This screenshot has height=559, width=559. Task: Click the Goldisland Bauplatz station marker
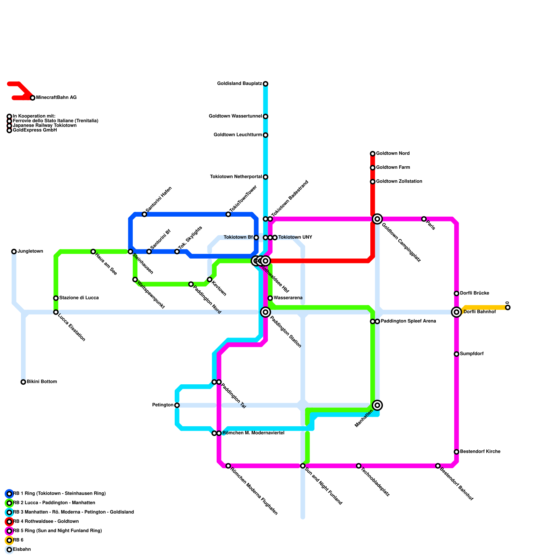tap(266, 84)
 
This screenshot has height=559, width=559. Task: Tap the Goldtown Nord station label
tap(393, 154)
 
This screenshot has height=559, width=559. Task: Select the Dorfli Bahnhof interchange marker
tap(456, 312)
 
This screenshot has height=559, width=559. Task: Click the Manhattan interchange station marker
tap(377, 405)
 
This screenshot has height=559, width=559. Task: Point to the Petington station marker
tap(177, 405)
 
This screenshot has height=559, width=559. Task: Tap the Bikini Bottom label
tap(42, 382)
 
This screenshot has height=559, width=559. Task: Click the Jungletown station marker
tap(14, 252)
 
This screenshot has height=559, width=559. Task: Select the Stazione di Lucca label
tap(79, 298)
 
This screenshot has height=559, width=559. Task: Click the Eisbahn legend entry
tap(22, 550)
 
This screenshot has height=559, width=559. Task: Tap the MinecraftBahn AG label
tap(56, 98)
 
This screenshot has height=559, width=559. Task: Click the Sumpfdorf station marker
tap(456, 354)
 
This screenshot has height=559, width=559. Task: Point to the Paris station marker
tap(424, 219)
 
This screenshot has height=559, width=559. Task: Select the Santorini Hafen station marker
tap(144, 214)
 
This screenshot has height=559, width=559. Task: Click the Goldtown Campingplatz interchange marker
tap(377, 219)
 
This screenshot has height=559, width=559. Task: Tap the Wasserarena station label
tap(288, 298)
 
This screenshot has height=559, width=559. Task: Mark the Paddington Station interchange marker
tap(266, 312)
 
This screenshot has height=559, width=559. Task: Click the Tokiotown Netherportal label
tap(236, 177)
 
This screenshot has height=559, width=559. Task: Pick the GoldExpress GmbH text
tap(35, 130)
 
